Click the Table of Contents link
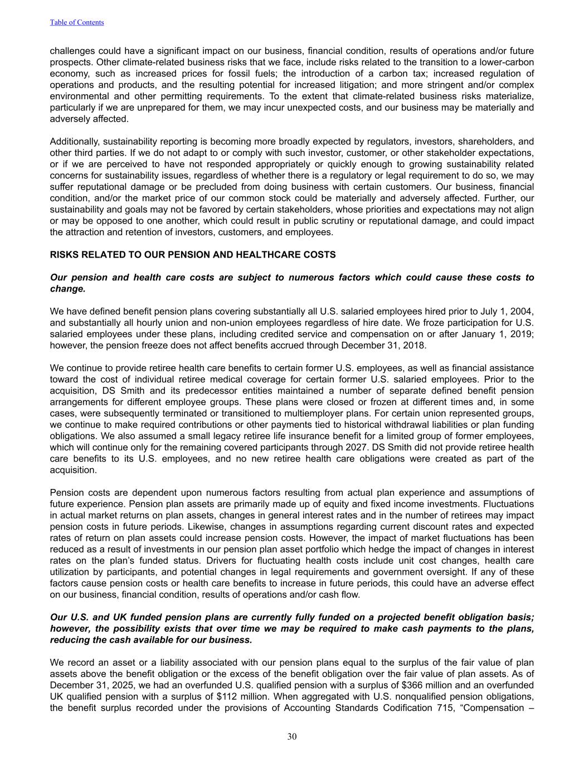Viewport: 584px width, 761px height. (77, 22)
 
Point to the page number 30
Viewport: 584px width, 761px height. (292, 736)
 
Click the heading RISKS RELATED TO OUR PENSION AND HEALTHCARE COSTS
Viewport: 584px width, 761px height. (193, 255)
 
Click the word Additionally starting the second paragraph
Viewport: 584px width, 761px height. (75, 142)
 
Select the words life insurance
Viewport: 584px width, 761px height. (296, 436)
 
